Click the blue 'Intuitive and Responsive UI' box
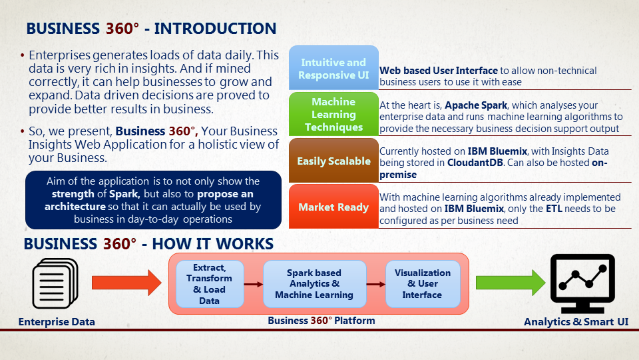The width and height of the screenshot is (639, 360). [x=333, y=68]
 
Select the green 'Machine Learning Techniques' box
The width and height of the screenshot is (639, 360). [x=333, y=114]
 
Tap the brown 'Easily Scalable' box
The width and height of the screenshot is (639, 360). [x=333, y=161]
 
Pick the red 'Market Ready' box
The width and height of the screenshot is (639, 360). [x=333, y=207]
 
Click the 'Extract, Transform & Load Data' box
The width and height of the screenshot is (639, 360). [x=209, y=283]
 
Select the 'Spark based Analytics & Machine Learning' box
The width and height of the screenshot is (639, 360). [x=314, y=283]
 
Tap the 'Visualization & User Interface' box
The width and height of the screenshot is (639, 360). [x=423, y=283]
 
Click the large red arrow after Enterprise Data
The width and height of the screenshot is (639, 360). [x=125, y=283]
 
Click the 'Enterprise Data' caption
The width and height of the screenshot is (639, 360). [x=57, y=322]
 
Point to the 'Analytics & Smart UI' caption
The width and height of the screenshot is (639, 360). [x=576, y=322]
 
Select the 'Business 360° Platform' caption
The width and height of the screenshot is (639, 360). [x=321, y=321]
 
